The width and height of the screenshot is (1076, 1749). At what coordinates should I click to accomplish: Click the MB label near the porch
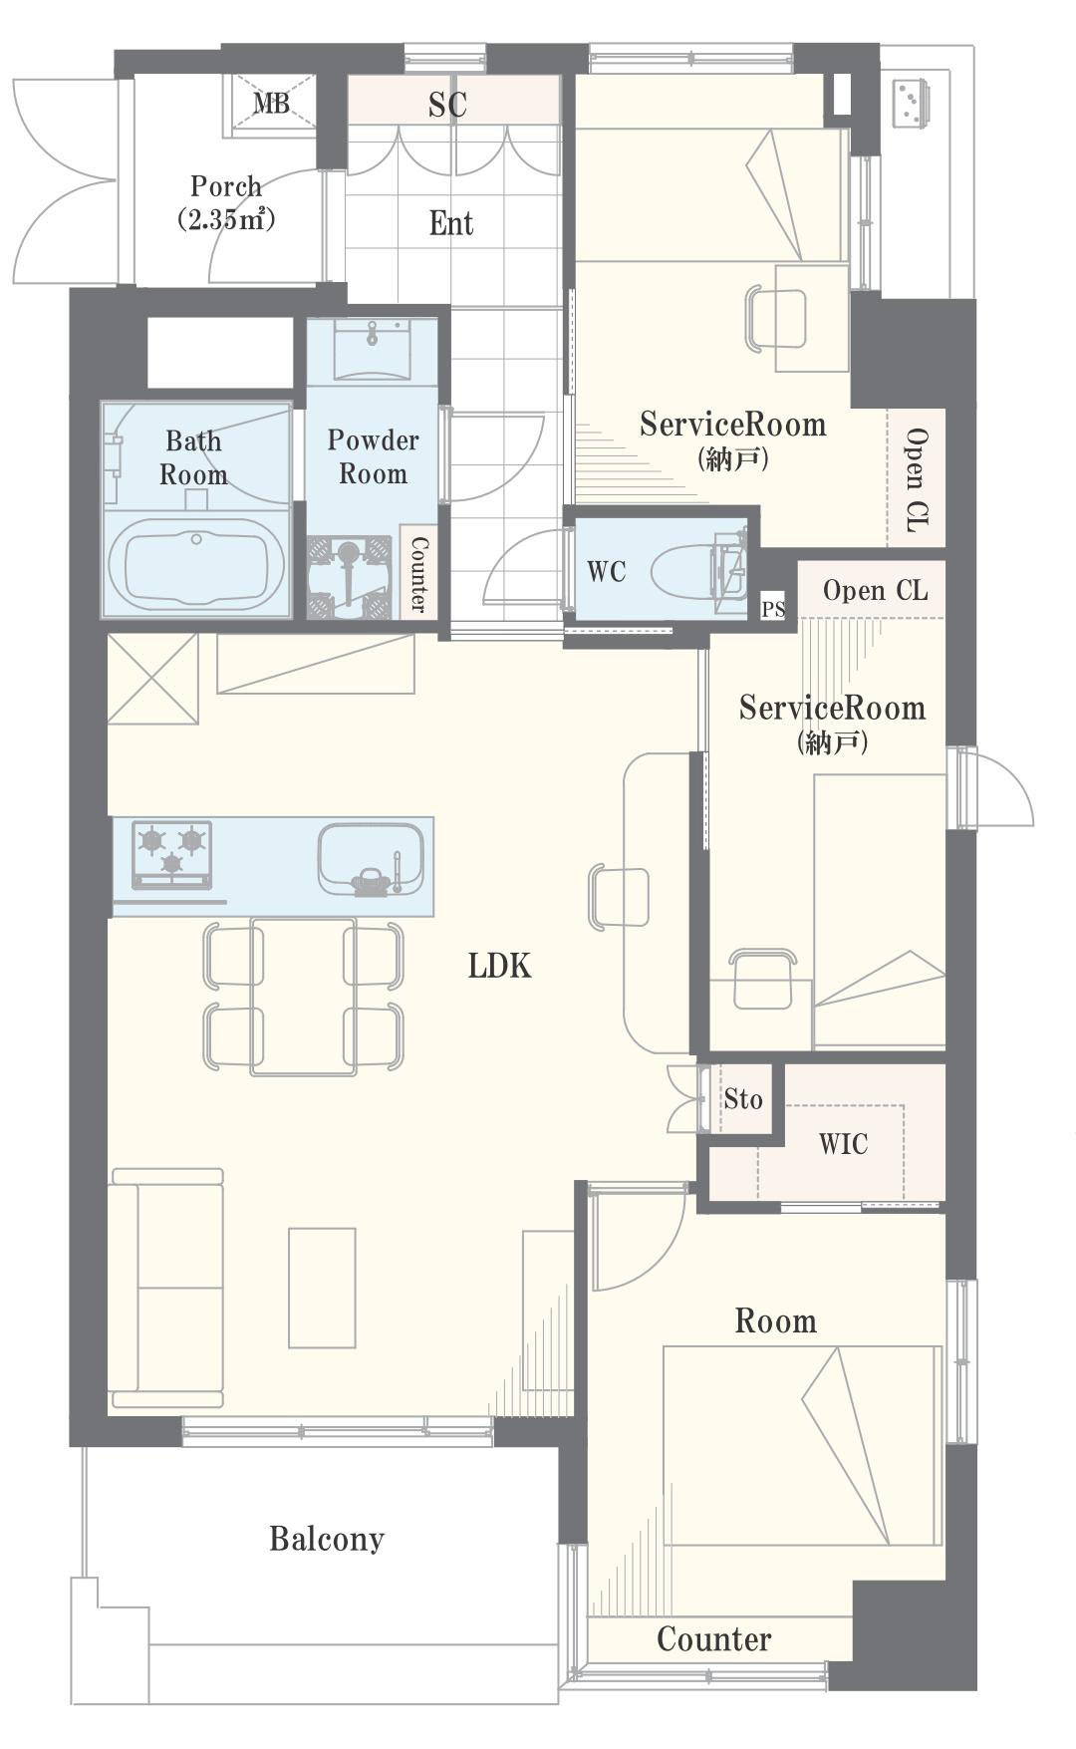(270, 103)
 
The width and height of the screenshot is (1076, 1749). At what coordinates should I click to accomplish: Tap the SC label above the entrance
(447, 105)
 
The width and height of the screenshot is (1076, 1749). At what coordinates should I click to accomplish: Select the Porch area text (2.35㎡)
(226, 219)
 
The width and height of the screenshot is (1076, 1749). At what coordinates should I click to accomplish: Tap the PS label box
(773, 609)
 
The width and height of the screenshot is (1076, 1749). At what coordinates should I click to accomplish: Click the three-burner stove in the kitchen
(172, 854)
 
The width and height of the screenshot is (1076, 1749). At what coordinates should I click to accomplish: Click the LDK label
(499, 965)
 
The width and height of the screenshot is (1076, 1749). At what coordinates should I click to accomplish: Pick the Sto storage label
(743, 1099)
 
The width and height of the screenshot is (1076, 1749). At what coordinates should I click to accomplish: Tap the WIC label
(843, 1144)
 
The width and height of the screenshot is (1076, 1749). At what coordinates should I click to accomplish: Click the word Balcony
(327, 1539)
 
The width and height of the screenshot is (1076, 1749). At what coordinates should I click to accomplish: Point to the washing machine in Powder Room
(349, 577)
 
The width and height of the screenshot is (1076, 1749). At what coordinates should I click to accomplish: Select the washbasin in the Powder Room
(372, 350)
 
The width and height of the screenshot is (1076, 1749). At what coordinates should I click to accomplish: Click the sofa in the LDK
(166, 1288)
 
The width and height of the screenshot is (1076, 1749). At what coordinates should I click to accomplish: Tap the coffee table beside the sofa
(322, 1288)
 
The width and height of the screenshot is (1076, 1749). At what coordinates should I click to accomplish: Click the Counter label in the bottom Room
(713, 1639)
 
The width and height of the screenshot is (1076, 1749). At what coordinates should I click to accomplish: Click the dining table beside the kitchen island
(304, 996)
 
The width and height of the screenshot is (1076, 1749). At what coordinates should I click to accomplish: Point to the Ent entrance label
(450, 223)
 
